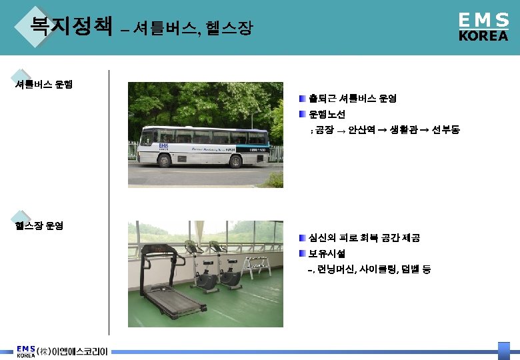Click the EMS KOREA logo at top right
[483, 27]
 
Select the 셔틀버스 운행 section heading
[44, 85]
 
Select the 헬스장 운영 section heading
[39, 225]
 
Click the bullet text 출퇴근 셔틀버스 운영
[353, 99]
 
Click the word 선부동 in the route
[445, 131]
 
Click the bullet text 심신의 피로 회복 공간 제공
[364, 238]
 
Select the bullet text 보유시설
[327, 254]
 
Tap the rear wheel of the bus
[235, 160]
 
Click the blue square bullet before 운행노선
[302, 115]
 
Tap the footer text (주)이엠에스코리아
[72, 351]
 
